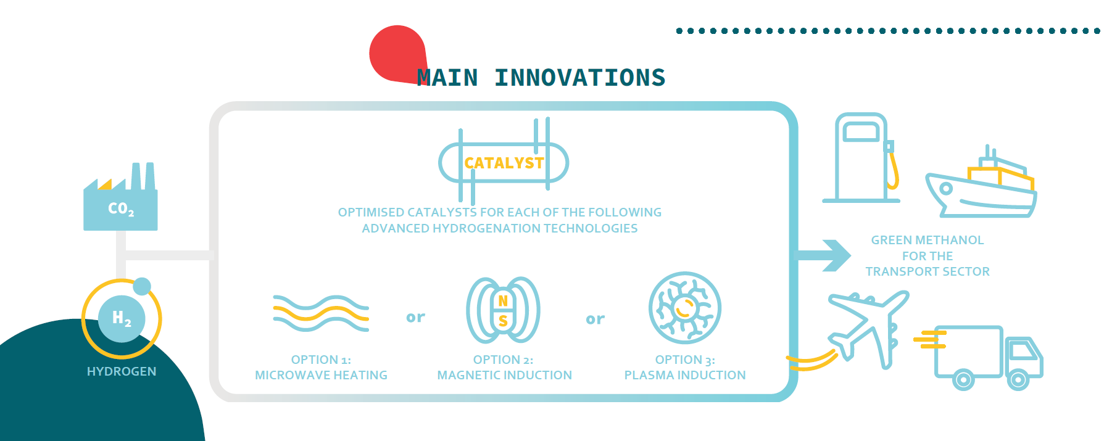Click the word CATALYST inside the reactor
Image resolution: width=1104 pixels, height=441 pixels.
(504, 163)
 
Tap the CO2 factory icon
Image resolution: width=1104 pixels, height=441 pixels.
(120, 197)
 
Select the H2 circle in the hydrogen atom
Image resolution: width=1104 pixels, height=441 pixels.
(122, 318)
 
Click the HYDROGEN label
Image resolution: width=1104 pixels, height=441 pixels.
(122, 371)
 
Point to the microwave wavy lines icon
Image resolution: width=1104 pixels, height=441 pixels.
(321, 313)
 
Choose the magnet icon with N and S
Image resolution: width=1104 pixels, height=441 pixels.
(503, 310)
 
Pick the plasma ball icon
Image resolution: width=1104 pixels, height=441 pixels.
(685, 308)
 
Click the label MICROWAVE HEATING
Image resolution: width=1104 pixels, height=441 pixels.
(321, 375)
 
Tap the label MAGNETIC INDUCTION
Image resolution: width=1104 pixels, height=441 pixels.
(504, 375)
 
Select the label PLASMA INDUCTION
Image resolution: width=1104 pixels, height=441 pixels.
(685, 375)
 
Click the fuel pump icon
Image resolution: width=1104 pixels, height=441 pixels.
(861, 158)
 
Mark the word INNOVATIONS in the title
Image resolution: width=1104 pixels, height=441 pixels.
(579, 78)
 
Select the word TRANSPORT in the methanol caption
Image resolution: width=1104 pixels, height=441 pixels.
(899, 271)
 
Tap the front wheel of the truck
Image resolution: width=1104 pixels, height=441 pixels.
(1018, 379)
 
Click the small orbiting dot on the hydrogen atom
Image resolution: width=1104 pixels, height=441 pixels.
(142, 286)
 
